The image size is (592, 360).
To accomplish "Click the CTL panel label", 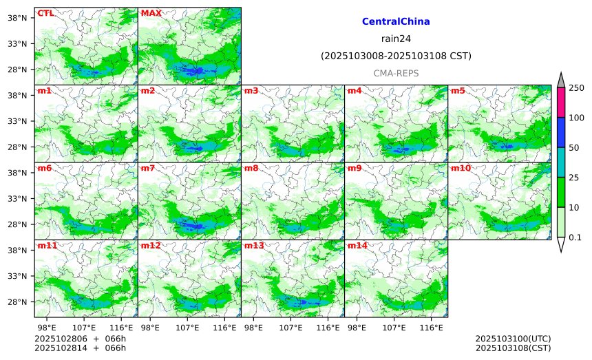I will (45, 13).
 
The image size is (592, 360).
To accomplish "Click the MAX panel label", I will (151, 13).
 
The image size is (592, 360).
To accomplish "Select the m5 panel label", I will (457, 91).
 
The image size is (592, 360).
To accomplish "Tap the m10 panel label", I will (460, 168).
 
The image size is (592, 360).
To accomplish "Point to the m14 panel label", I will (357, 246).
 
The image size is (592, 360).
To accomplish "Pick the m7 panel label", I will (147, 168).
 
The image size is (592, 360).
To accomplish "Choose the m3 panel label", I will (251, 91).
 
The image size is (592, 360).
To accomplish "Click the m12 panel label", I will (150, 246).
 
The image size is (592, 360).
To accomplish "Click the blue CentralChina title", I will (396, 22).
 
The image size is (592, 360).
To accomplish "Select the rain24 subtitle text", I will (396, 39).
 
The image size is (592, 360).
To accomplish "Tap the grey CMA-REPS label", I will (396, 73).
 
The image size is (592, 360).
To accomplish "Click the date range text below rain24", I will (396, 56).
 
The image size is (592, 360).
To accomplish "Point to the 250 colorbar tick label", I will (576, 87).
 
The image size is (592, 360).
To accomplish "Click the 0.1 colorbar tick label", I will (575, 237).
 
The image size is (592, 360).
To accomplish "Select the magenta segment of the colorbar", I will (561, 102).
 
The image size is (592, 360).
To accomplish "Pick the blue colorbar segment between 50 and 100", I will (561, 132).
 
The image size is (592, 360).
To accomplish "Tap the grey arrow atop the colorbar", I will (561, 80).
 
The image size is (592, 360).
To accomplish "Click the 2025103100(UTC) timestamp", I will (513, 339).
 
